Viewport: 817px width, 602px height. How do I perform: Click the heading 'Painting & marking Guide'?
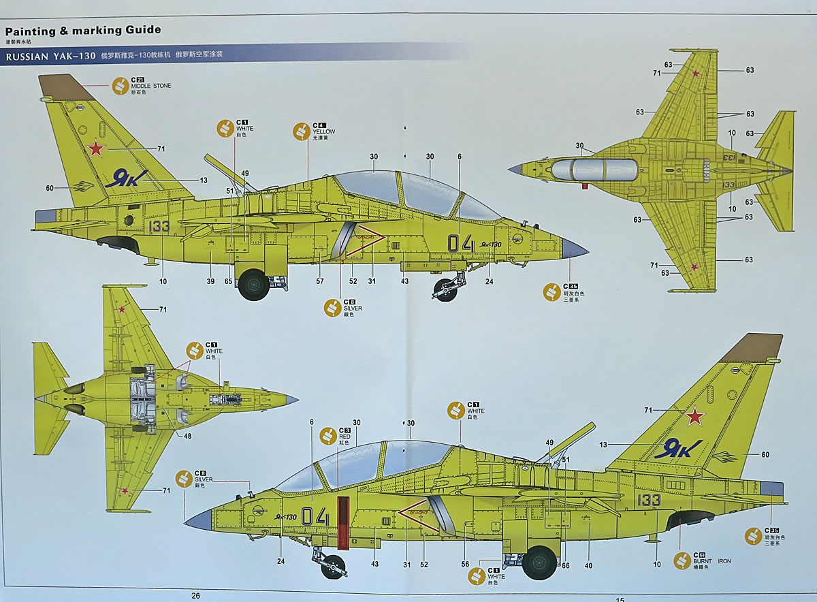83,30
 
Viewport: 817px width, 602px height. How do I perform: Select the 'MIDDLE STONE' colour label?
151,86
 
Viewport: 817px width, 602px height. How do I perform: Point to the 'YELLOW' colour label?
324,131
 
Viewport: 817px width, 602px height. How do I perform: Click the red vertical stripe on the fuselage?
343,522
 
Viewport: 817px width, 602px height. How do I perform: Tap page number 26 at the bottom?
196,595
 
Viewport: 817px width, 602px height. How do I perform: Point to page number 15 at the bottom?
620,599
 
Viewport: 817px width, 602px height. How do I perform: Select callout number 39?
211,281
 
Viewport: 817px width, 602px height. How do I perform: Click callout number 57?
320,281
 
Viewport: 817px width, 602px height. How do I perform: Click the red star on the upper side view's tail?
96,147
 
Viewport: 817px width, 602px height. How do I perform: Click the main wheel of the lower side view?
539,563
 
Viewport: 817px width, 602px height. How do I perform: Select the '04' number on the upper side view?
460,243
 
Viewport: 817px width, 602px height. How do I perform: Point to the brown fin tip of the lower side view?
752,347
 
